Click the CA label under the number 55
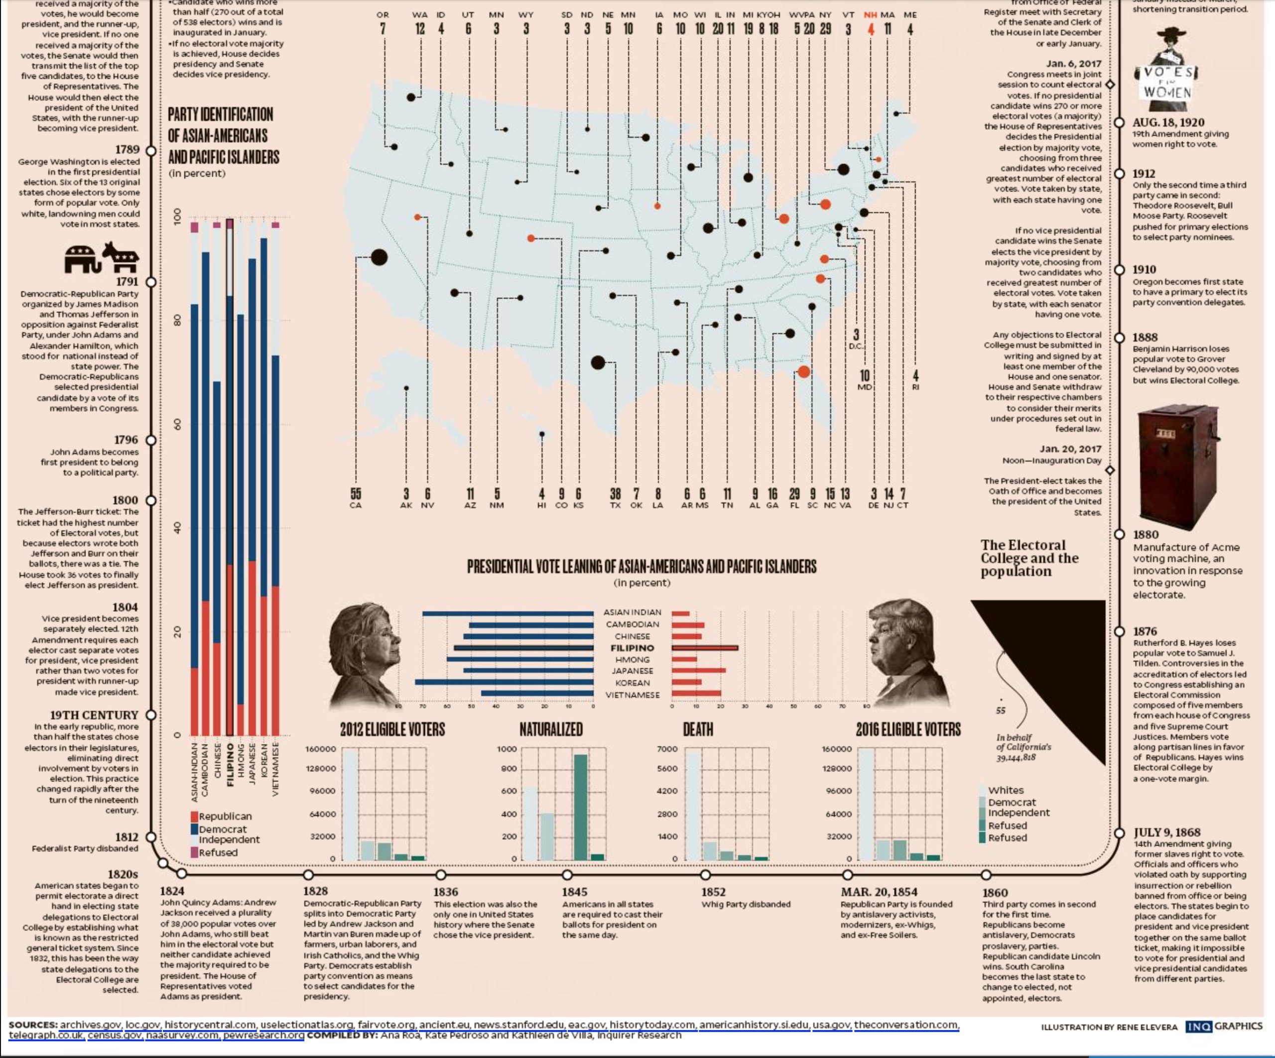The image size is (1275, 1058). pos(355,505)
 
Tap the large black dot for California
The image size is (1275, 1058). pos(380,257)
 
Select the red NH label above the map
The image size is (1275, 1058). pos(870,14)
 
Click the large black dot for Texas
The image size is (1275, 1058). pos(598,363)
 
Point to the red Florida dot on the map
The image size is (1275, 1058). pos(804,371)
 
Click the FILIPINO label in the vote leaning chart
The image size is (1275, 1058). pos(632,648)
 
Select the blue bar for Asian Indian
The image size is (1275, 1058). pos(508,613)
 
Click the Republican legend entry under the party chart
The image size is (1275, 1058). pos(224,817)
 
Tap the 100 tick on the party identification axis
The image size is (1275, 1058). pos(177,217)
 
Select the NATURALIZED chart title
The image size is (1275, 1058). pos(551,729)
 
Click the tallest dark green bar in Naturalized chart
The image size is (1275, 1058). pos(580,807)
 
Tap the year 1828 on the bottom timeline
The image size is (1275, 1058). pos(315,891)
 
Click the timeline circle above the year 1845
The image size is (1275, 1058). pos(567,875)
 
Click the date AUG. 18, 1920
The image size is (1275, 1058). pos(1168,122)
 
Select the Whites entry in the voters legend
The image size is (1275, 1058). pos(1006,790)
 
